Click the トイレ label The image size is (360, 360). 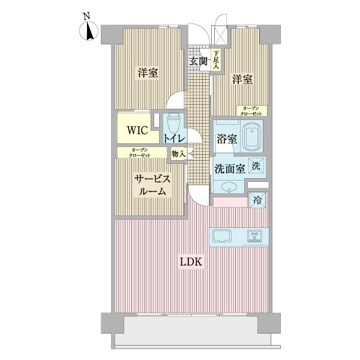175,138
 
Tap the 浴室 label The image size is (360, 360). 226,139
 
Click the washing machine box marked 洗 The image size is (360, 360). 256,166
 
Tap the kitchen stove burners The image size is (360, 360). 256,236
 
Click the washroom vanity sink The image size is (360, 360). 229,187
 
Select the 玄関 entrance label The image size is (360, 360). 199,61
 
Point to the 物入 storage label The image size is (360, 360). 178,154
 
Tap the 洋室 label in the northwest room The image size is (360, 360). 148,73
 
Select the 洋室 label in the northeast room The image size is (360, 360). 242,79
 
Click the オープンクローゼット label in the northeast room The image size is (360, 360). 251,110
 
